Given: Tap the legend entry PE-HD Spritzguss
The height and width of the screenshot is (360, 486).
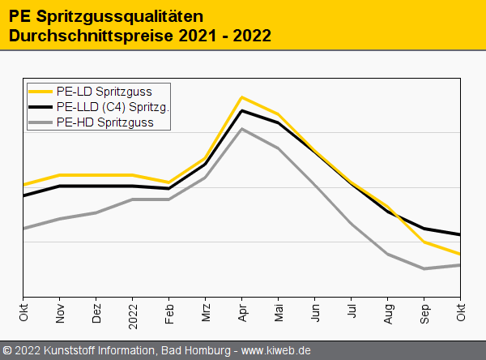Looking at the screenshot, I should point(104,123).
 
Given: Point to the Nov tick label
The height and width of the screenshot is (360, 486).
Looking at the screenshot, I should point(60,313).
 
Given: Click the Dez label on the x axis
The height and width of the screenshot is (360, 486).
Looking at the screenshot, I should point(96,313).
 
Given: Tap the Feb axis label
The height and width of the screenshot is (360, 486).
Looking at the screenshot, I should point(169,313).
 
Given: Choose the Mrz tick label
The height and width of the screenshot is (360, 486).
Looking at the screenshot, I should point(206,313).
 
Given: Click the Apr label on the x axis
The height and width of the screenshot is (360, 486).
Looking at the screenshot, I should point(242,313).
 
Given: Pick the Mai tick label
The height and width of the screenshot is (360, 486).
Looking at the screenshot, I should point(279,313).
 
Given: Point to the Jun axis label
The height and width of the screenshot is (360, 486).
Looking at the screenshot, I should point(315,313).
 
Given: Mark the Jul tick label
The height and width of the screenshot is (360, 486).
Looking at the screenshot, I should point(352,311).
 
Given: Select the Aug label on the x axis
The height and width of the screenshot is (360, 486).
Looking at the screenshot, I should point(388,313).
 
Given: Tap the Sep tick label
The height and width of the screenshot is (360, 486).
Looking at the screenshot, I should point(424,313).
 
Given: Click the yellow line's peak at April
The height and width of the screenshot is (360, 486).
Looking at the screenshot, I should point(242,97).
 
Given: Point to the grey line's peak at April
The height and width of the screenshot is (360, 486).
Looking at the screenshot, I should point(242,129).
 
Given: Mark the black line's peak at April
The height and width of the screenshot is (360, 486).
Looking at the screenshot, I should point(242,110).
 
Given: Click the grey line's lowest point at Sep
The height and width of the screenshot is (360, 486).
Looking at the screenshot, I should point(424,268).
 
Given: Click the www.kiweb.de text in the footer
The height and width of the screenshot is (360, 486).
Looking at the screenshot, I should point(276,350).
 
